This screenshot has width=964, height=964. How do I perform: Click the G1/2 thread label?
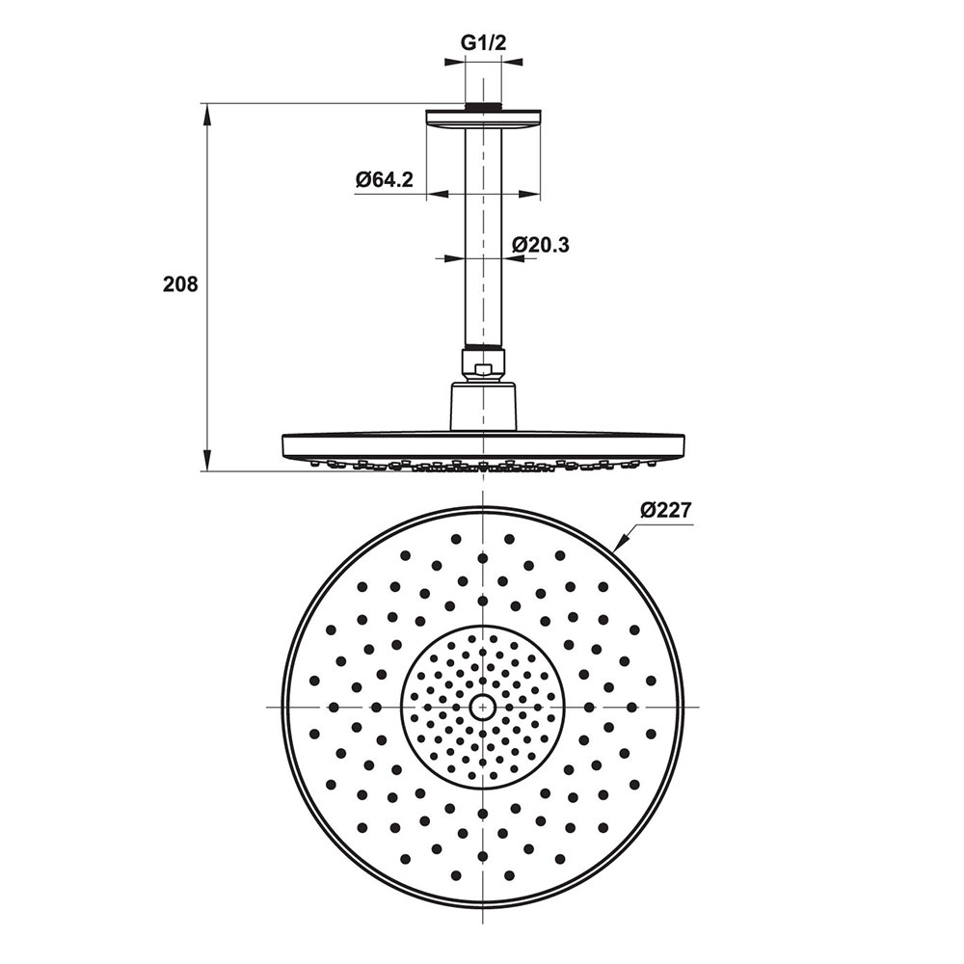click(483, 43)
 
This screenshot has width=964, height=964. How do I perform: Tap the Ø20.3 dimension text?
click(541, 245)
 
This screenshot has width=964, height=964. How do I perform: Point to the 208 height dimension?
click(180, 284)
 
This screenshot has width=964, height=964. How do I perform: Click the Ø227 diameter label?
click(666, 510)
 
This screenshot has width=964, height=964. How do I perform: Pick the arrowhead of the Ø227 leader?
click(620, 541)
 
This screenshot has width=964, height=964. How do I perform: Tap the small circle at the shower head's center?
click(483, 708)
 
